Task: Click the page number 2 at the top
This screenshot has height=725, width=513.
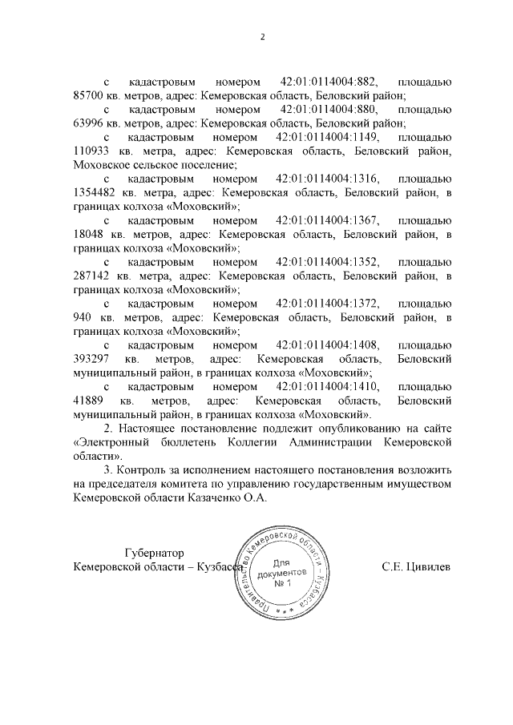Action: tap(261, 38)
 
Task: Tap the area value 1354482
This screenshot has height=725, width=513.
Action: tap(97, 191)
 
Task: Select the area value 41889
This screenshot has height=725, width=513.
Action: tap(87, 400)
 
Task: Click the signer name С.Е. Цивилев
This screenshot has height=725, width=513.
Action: tap(416, 566)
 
